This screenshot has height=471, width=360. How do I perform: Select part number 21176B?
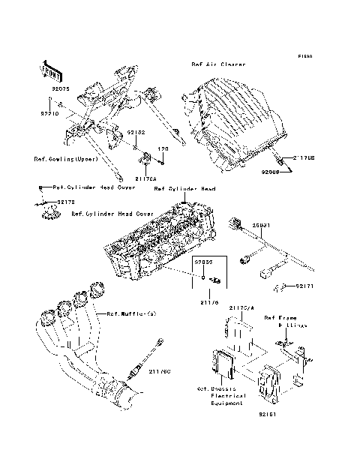[x=304, y=158]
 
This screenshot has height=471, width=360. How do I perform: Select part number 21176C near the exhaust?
[x=161, y=370]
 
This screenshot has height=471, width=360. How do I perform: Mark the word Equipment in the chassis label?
[x=227, y=403]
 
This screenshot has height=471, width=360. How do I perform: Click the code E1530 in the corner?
[x=304, y=56]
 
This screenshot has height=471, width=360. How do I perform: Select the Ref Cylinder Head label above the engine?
[x=184, y=190]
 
